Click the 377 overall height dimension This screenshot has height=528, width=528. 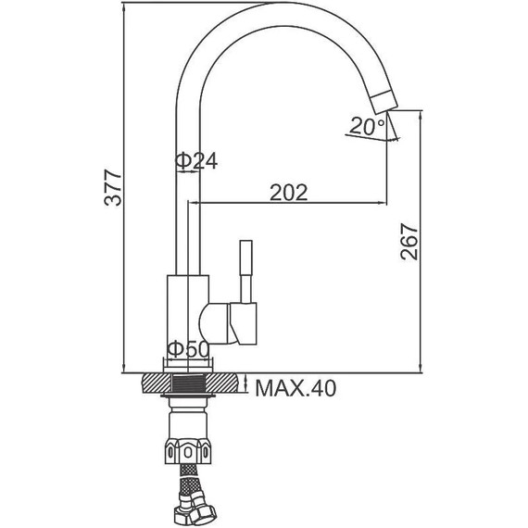coord(112,187)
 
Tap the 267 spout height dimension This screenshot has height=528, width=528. coord(409,242)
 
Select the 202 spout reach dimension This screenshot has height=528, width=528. coord(289,193)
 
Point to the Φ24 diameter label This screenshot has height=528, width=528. coord(196,160)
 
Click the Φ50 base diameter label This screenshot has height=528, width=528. coord(188,349)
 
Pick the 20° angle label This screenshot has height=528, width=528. coord(367,126)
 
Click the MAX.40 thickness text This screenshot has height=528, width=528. coord(295,388)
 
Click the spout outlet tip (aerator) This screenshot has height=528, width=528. coord(384,102)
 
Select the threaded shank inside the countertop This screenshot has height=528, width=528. coord(188,383)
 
